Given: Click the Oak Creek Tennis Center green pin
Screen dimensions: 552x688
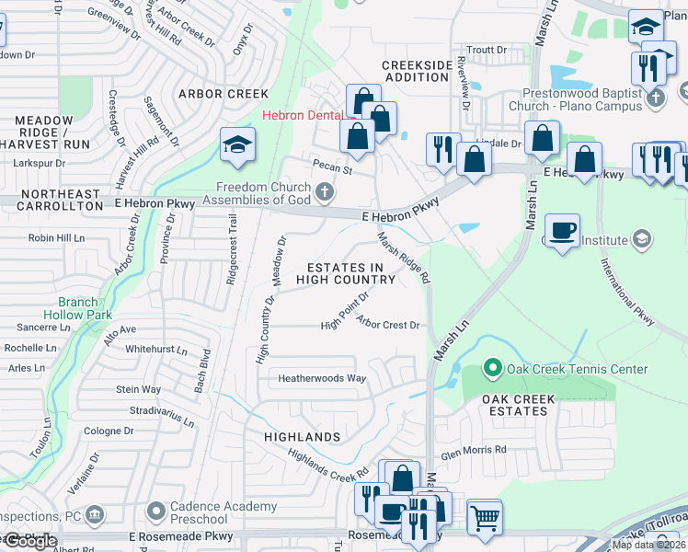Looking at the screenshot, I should point(492,369).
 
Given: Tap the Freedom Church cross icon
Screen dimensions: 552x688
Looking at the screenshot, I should point(323,192).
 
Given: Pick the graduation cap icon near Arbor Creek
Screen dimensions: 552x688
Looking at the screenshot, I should point(237,145).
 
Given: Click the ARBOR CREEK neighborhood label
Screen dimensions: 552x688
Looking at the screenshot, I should point(224,94).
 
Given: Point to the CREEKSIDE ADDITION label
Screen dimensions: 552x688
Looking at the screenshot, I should point(418,72).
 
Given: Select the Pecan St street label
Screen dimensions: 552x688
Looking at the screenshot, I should point(333,169).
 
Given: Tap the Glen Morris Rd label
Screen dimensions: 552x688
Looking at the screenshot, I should point(474,450).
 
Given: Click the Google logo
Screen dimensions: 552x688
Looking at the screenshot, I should point(29,542).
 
